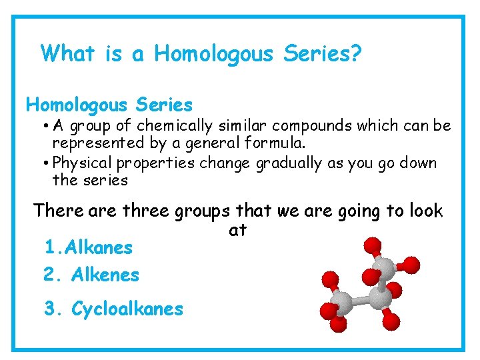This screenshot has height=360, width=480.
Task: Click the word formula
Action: [275, 143]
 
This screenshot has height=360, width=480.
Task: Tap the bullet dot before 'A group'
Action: [42, 126]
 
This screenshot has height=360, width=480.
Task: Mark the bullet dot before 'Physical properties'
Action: [42, 163]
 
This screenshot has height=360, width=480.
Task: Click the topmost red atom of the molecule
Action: [373, 245]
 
